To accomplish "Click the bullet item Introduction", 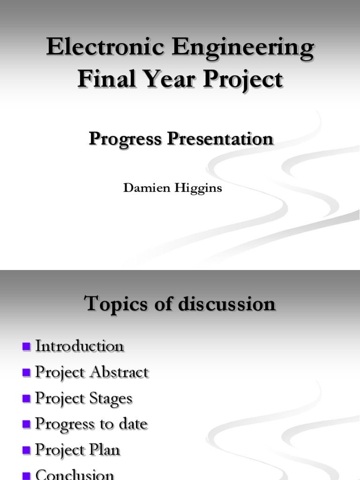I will [80, 346].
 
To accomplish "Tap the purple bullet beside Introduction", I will [26, 347].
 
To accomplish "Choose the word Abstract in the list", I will [120, 372].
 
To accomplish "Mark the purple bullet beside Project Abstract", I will [26, 373].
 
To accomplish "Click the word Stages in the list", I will [111, 398].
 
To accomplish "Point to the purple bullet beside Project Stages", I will [26, 399].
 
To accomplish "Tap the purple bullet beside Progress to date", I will [26, 425].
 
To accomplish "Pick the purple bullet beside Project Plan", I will [26, 450].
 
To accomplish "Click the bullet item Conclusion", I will [75, 474].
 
